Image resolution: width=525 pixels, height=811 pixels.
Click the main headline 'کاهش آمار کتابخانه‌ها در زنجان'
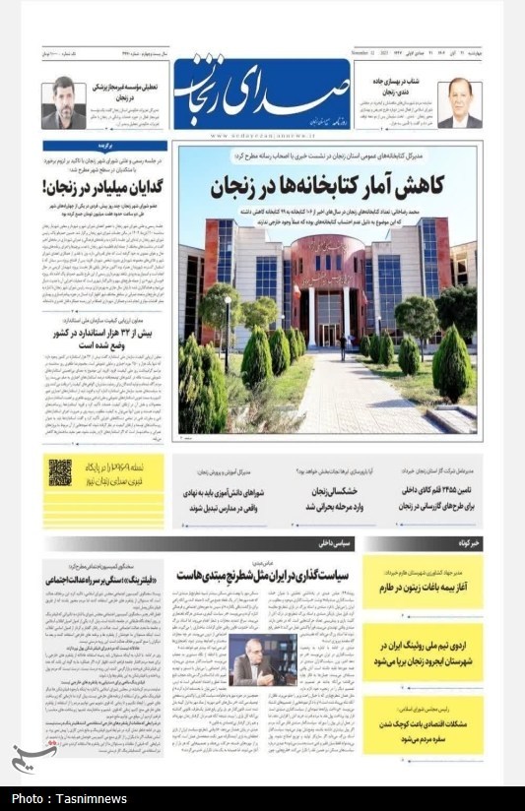point(325,185)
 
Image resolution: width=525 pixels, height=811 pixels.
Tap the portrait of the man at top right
point(459,104)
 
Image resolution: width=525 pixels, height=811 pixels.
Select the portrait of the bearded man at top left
point(64,103)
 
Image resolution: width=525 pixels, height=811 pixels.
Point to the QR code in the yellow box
point(59,473)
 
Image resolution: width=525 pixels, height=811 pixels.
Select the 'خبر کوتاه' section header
point(465,542)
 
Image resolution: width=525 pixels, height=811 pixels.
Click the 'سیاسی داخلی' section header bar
point(336,542)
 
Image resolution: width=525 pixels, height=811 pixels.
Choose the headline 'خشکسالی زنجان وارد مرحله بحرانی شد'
point(302,498)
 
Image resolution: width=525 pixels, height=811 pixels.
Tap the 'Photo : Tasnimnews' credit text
point(69,798)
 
